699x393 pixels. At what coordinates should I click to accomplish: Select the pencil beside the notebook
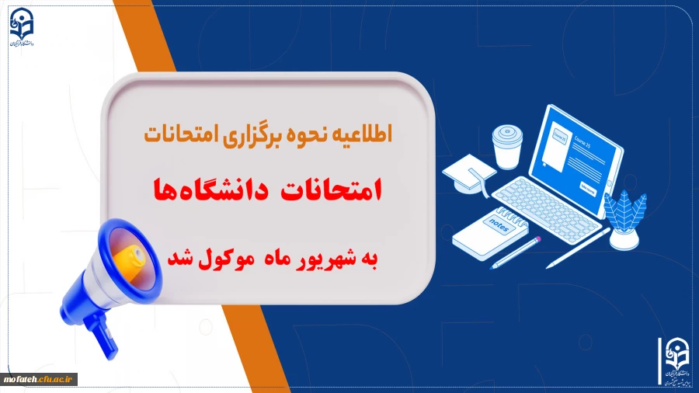click(516, 252)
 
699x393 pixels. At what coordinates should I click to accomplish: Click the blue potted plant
click(625, 217)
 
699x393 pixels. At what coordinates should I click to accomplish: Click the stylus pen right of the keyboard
click(578, 247)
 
